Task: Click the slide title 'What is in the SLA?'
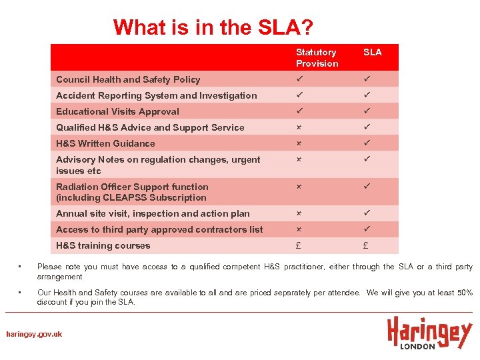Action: click(213, 28)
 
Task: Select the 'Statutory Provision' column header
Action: click(317, 57)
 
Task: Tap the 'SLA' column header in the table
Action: click(372, 52)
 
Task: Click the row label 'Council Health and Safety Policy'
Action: click(128, 79)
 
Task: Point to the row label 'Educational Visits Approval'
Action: click(117, 111)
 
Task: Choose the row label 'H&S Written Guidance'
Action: click(105, 143)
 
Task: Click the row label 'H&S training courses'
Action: click(103, 245)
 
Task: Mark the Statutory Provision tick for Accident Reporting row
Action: click(300, 95)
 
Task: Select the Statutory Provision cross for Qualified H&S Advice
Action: click(299, 127)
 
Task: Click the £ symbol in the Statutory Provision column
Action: click(299, 245)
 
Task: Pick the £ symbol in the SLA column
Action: click(366, 245)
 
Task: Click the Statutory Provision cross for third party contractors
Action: click(299, 229)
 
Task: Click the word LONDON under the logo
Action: click(417, 346)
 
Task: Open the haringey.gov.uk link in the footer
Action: click(34, 334)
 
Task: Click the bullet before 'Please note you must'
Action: click(21, 267)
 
